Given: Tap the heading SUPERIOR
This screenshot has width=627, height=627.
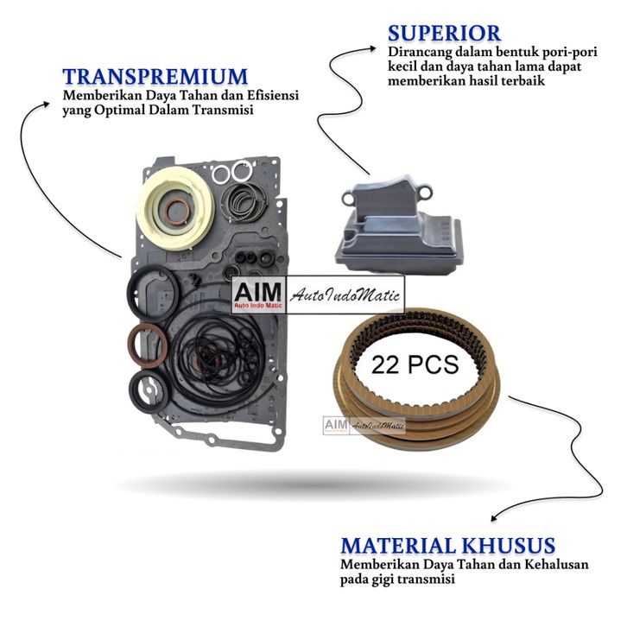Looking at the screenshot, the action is (444, 34).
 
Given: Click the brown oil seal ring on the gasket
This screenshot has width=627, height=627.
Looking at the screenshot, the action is (149, 343).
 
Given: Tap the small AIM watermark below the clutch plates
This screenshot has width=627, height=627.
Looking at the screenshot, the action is (335, 425).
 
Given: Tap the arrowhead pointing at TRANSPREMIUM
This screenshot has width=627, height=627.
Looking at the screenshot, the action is (49, 101).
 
